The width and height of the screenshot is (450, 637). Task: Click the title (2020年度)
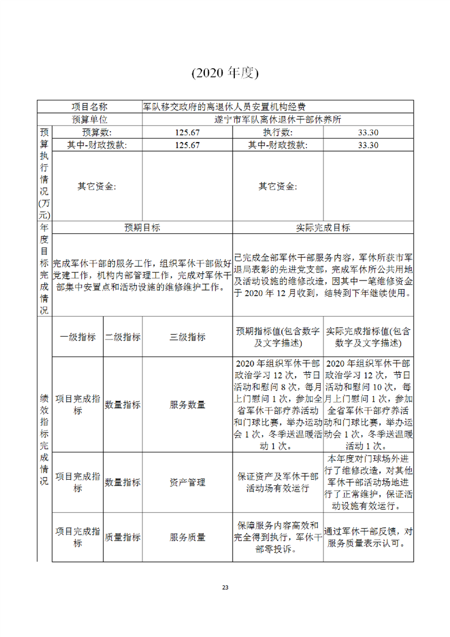point(225,73)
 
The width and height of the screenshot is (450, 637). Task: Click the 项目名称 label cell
point(90,106)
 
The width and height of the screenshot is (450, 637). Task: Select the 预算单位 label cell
point(90,119)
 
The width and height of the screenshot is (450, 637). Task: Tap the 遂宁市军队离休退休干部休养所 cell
point(277,119)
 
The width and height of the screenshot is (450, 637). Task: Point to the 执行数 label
point(277,132)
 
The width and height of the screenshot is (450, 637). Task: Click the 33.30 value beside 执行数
point(368,132)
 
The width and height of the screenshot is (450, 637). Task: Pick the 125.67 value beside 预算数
point(187,132)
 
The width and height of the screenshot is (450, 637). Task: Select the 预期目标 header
point(142,228)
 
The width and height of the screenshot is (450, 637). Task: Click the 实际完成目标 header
point(323,228)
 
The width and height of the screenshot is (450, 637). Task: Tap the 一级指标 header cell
point(78,337)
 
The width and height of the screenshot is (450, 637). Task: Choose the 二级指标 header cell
point(123,337)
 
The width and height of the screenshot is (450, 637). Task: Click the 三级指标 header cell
point(187,337)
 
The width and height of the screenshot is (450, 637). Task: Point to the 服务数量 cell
point(187,405)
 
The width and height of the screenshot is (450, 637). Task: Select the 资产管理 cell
point(187,482)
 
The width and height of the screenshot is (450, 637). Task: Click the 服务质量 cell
point(187,537)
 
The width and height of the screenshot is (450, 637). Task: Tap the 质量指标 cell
point(123,537)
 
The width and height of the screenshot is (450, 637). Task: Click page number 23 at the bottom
point(225,587)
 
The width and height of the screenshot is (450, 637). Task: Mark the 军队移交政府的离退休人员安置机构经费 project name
point(225,106)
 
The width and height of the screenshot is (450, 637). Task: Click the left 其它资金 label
point(97,186)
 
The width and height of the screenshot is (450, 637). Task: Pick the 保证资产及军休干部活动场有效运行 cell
point(277,482)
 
